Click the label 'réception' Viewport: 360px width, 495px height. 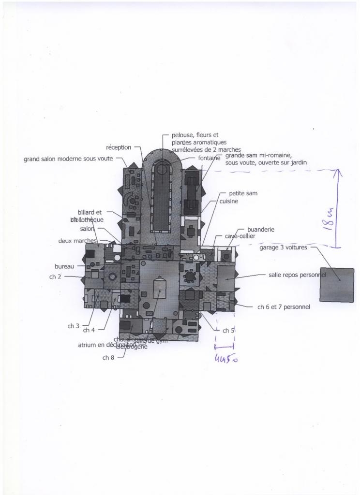pos(119,147)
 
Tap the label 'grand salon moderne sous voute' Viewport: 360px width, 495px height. pos(68,159)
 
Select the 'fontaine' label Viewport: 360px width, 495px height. pos(209,158)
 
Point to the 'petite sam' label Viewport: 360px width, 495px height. pos(243,193)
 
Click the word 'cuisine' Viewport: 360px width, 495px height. pos(229,201)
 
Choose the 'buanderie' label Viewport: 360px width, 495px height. pos(261,229)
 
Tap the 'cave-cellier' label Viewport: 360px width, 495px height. pos(240,236)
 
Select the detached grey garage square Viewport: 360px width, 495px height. pos(337,285)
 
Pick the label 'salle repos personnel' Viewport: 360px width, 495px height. pos(297,275)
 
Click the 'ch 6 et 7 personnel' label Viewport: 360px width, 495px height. pos(284,306)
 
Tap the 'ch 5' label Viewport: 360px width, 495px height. pos(228,331)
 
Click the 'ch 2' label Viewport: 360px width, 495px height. pos(56,277)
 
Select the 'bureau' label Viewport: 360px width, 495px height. pos(64,266)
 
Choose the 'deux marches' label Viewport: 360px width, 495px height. pos(78,241)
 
